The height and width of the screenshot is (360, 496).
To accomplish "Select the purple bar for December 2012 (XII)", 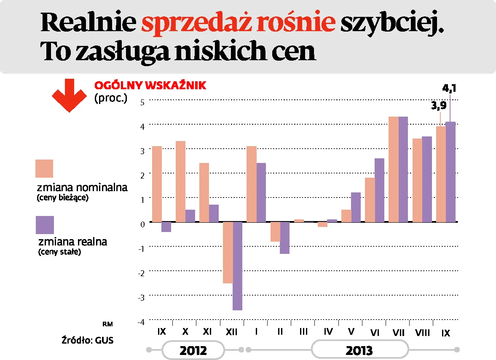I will pyautogui.click(x=237, y=266).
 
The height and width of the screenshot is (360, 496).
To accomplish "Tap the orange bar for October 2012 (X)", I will pyautogui.click(x=180, y=181).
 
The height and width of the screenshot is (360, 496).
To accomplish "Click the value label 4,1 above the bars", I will pyautogui.click(x=450, y=89).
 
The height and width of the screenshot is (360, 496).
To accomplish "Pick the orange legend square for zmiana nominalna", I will pyautogui.click(x=44, y=168).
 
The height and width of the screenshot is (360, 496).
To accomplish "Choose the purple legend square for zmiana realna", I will pyautogui.click(x=45, y=225).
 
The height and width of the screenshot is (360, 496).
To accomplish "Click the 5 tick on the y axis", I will pyautogui.click(x=142, y=101).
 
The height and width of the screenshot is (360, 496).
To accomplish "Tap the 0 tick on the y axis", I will pyautogui.click(x=142, y=224).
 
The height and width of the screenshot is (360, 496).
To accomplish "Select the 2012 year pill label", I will pyautogui.click(x=193, y=350).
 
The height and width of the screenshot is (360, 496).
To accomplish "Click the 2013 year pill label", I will pyautogui.click(x=359, y=350).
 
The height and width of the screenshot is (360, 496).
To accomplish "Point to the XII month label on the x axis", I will pyautogui.click(x=232, y=332).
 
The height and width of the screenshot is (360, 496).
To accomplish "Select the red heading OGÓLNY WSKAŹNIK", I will pyautogui.click(x=150, y=85).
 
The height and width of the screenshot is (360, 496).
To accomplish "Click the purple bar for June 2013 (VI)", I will pyautogui.click(x=379, y=190).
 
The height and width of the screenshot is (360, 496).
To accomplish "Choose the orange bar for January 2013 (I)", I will pyautogui.click(x=252, y=184).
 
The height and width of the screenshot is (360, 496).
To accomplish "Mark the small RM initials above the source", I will pyautogui.click(x=108, y=324).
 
